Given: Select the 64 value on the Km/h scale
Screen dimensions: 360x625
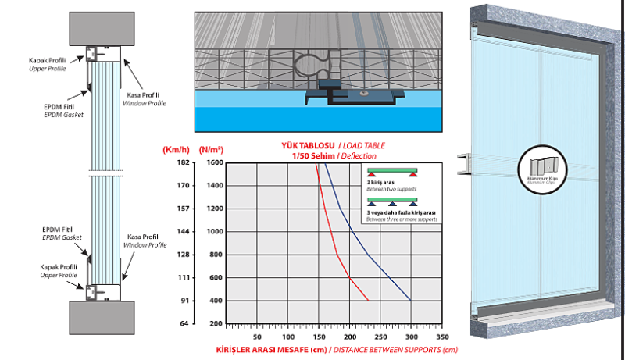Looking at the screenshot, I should click(x=182, y=323).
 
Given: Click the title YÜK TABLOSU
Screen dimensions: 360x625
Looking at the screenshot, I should click(x=309, y=146).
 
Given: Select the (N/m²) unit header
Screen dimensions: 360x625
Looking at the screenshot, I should click(x=212, y=148).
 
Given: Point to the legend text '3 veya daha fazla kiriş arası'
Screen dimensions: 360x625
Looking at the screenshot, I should click(x=400, y=212).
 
